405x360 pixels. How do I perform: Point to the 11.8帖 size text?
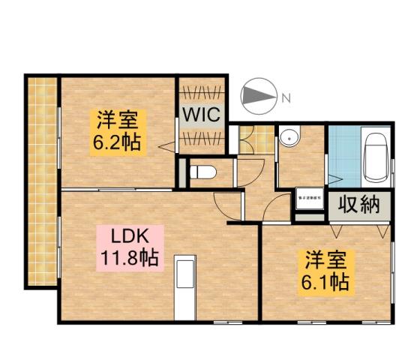(x=128, y=259)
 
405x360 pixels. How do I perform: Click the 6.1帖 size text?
(x=325, y=283)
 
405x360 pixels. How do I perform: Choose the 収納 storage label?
(x=358, y=204)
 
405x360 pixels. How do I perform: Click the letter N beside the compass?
(x=285, y=97)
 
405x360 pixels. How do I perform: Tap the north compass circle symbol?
(x=258, y=97)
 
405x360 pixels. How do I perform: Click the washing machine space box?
(x=309, y=199)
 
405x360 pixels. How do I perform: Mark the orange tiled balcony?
(x=43, y=180)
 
